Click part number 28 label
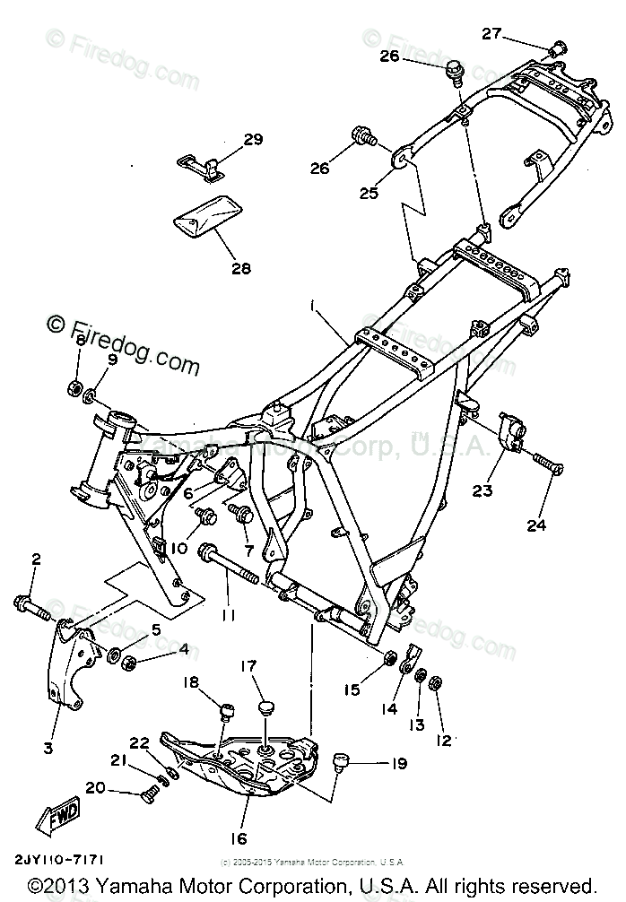coord(215,268)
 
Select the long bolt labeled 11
coord(231,571)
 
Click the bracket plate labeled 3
coord(70,668)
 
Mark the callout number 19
coord(399,764)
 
